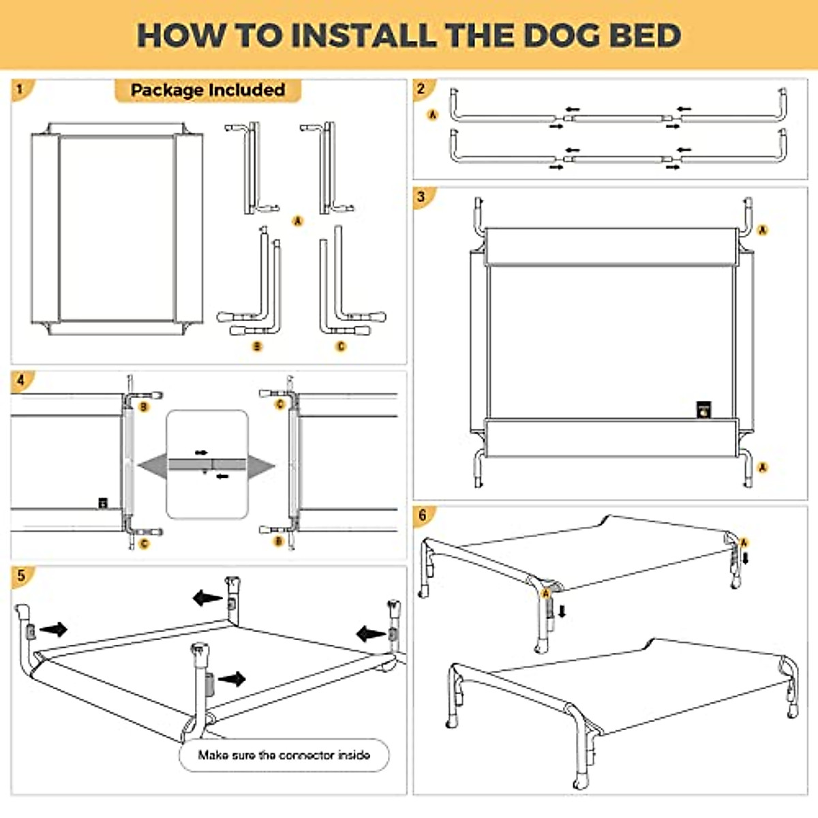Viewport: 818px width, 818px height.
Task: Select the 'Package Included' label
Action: click(207, 90)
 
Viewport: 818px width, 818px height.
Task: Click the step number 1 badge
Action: click(20, 89)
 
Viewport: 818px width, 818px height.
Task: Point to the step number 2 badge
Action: click(421, 89)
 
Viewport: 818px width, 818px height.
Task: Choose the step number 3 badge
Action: click(421, 197)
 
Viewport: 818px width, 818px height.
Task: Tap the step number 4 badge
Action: click(20, 380)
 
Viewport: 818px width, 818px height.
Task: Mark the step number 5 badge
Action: click(22, 575)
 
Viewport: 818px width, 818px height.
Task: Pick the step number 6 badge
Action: click(423, 515)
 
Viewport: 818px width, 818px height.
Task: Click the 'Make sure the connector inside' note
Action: click(284, 755)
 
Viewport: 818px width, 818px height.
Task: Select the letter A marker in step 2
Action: click(433, 115)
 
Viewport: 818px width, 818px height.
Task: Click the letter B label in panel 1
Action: click(257, 346)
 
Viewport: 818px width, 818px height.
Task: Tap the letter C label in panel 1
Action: click(341, 346)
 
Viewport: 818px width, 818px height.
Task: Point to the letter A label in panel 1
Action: click(297, 221)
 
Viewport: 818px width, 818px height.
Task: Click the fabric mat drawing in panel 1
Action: click(117, 228)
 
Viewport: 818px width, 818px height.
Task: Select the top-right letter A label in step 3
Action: click(763, 230)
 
